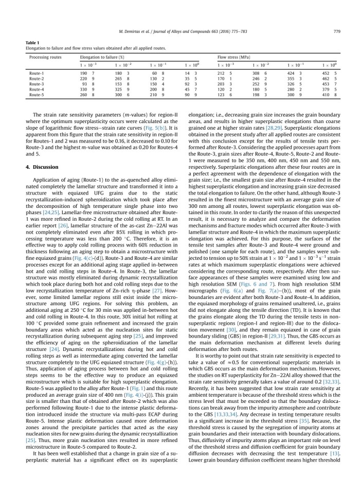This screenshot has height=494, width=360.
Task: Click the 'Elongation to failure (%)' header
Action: coord(97,55)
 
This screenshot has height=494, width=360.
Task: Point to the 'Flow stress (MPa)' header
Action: coord(231,55)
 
